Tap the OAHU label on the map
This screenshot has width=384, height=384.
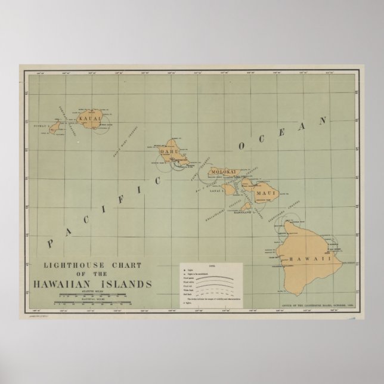[169, 151]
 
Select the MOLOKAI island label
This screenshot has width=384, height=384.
[224, 172]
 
